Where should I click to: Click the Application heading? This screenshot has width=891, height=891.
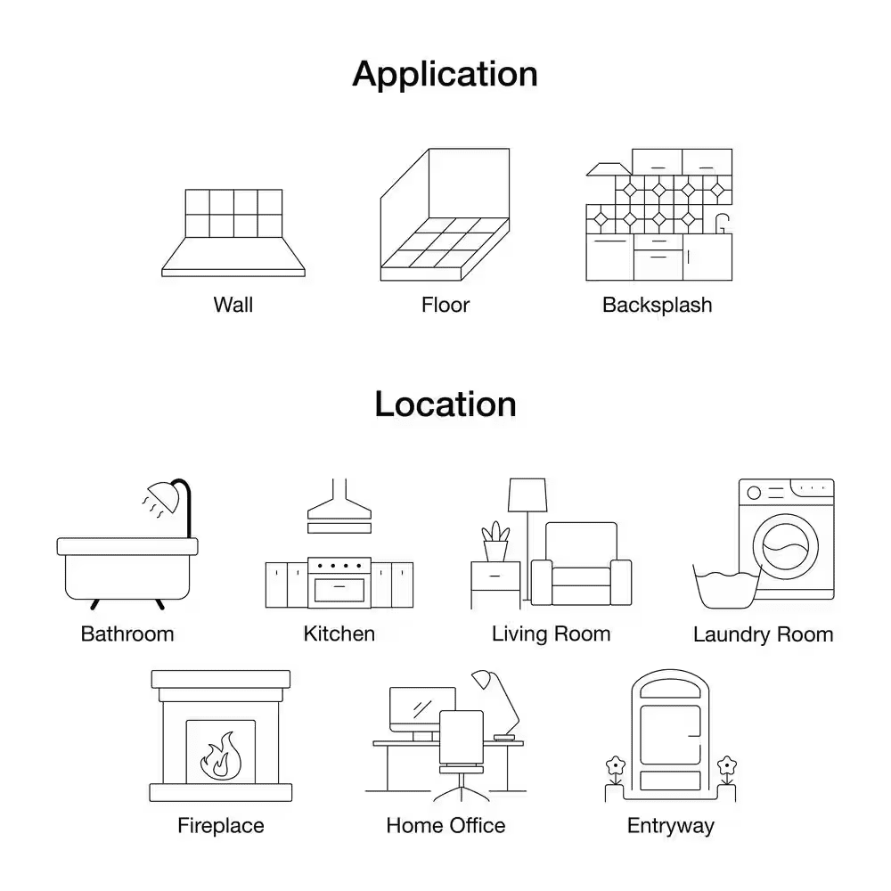pyautogui.click(x=445, y=75)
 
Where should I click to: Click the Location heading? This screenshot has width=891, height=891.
pyautogui.click(x=445, y=404)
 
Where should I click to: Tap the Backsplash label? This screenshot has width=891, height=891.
pyautogui.click(x=657, y=305)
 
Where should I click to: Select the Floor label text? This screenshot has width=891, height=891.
pyautogui.click(x=445, y=305)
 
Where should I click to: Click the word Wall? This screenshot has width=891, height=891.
pyautogui.click(x=233, y=305)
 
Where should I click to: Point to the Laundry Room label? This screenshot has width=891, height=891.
pyautogui.click(x=764, y=634)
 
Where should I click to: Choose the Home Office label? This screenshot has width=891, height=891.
pyautogui.click(x=445, y=826)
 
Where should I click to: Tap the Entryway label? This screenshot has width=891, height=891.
pyautogui.click(x=671, y=826)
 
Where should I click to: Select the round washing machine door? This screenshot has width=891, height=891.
pyautogui.click(x=786, y=547)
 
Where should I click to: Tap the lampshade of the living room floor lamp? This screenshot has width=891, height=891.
pyautogui.click(x=527, y=495)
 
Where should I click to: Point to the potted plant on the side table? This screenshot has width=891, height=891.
pyautogui.click(x=495, y=542)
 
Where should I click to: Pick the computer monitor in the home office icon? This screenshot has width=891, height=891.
pyautogui.click(x=421, y=708)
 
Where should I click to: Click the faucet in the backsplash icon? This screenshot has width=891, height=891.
pyautogui.click(x=722, y=224)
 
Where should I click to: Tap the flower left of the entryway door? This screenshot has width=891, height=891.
pyautogui.click(x=615, y=766)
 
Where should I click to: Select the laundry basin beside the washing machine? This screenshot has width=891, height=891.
pyautogui.click(x=727, y=587)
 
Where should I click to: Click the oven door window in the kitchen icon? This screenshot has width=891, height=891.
pyautogui.click(x=339, y=590)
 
